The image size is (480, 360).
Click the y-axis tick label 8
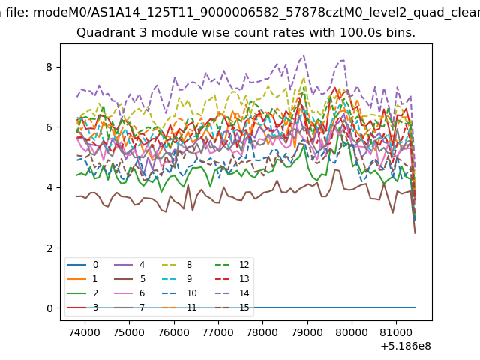pos(49,67)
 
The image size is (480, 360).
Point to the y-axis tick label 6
pos(49,127)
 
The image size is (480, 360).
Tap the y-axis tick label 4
pos(49,187)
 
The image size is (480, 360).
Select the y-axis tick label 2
pos(49,248)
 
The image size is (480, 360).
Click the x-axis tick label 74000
pos(85,332)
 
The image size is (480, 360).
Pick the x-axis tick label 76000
pos(174,332)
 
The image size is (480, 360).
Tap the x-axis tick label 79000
pos(307,332)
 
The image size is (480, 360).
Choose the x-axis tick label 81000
pos(396,332)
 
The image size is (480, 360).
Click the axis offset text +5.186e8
pos(406,346)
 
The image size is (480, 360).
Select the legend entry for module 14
pos(232,293)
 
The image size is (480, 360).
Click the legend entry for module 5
pos(130,279)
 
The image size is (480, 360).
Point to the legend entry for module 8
pos(177,265)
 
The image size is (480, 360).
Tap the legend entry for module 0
pos(82,265)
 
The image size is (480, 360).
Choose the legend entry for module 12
pos(232,265)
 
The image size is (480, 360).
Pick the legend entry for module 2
pos(82,293)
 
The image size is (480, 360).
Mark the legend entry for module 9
pos(177,279)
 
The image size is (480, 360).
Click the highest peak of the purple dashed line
pos(304,55)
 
